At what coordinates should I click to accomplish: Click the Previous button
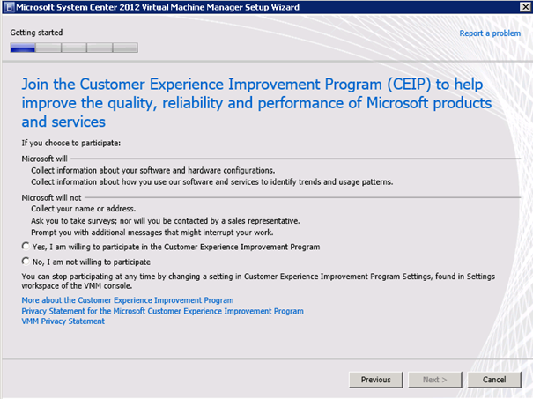pos(375,380)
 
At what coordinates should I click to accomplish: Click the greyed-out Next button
pos(434,380)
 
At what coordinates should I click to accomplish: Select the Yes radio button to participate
pos(26,246)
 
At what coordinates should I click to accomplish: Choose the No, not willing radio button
pos(26,261)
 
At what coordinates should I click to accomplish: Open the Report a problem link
pos(490,33)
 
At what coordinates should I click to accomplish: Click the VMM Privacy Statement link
pos(63,321)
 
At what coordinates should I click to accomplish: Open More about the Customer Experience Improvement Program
pos(128,300)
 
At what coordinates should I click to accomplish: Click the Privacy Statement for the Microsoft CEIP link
pos(162,311)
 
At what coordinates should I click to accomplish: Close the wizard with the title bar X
pos(525,6)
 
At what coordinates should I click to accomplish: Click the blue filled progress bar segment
pos(22,48)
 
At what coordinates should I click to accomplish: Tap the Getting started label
pos(36,33)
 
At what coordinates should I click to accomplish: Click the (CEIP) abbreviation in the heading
pos(409,85)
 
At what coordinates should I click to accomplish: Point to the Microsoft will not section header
pos(51,197)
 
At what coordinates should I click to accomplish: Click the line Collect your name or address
pos(84,209)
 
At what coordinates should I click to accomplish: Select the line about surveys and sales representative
pos(166,221)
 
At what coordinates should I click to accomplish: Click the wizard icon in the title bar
pos(9,7)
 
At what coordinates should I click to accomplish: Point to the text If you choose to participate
pos(71,143)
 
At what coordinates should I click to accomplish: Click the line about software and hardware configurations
pos(153,170)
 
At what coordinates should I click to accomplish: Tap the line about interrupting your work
pos(152,233)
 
